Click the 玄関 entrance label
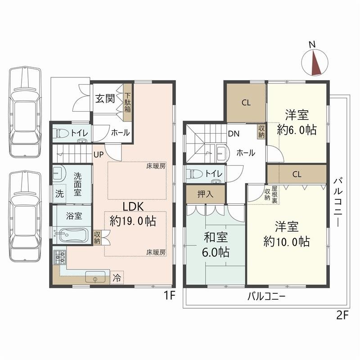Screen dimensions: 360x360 click(105, 99)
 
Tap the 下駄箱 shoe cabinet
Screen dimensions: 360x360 click(128, 103)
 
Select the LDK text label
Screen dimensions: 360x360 click(133, 207)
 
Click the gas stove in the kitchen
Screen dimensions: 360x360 click(60, 257)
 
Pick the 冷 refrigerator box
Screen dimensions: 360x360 click(117, 278)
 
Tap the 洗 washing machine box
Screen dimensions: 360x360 click(59, 193)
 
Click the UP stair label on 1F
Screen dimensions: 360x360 click(99, 155)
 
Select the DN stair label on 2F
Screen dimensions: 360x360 click(234, 134)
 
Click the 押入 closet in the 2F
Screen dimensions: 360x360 click(205, 194)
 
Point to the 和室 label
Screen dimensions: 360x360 click(216, 237)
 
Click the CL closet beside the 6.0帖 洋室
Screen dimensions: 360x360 click(246, 103)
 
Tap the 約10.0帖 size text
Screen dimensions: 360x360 click(287, 241)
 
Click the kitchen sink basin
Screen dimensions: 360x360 click(95, 277)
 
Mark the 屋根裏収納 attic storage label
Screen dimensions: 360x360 click(271, 194)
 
